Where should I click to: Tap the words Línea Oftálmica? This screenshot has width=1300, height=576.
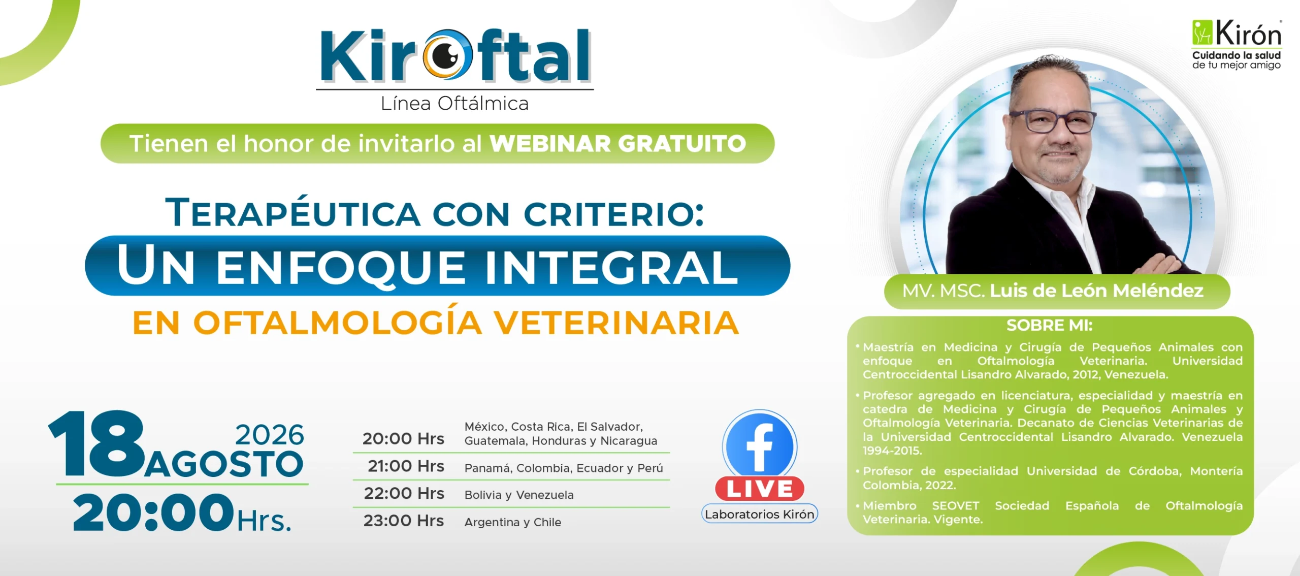[x=454, y=104]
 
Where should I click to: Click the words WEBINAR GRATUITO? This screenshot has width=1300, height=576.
[x=617, y=144]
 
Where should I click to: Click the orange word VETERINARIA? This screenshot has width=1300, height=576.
[x=616, y=323]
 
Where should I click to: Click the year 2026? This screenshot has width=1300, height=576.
[x=270, y=435]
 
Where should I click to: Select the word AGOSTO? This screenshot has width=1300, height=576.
[x=224, y=464]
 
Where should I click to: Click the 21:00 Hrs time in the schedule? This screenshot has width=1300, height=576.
[x=406, y=466]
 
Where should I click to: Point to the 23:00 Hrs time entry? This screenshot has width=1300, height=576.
[x=404, y=521]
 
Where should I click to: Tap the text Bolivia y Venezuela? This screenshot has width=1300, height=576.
[x=519, y=495]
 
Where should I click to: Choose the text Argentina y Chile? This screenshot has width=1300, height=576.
[x=513, y=522]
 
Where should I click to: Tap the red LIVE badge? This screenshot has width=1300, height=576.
[x=760, y=489]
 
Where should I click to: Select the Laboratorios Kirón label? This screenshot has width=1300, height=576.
[x=760, y=514]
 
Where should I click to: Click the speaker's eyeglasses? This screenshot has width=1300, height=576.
[x=1052, y=122]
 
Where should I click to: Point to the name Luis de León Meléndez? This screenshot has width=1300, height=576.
[x=1097, y=291]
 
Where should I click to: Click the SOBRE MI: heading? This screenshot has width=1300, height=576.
[x=1049, y=326]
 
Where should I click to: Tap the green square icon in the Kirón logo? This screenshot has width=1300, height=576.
[x=1202, y=32]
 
